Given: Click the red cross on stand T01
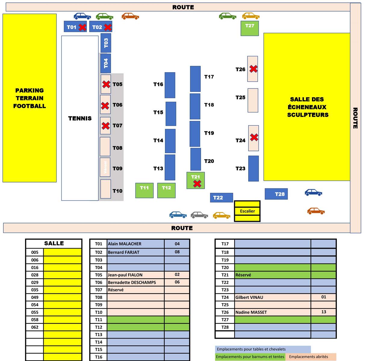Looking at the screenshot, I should pyautogui.click(x=82, y=27).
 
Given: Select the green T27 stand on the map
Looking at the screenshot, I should pyautogui.click(x=250, y=28).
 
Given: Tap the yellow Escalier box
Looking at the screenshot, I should pyautogui.click(x=247, y=211).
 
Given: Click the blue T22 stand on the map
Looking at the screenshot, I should pyautogui.click(x=221, y=198).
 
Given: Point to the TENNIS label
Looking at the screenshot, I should pyautogui.click(x=80, y=118).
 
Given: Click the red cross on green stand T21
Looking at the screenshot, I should pyautogui.click(x=197, y=183).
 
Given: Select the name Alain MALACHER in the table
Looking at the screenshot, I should pyautogui.click(x=125, y=244).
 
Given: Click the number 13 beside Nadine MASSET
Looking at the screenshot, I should pyautogui.click(x=324, y=312).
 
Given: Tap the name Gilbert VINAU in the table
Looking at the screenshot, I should pyautogui.click(x=249, y=297).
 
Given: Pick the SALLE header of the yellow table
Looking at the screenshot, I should pyautogui.click(x=54, y=243).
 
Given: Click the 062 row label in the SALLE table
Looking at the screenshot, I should pyautogui.click(x=35, y=327).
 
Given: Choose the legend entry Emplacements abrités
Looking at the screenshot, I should pyautogui.click(x=309, y=357).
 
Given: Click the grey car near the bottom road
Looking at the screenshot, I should pyautogui.click(x=199, y=215).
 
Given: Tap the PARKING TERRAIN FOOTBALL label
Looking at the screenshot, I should pyautogui.click(x=29, y=98).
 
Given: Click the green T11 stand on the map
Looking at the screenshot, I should pyautogui.click(x=144, y=190).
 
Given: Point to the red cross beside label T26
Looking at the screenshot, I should pyautogui.click(x=253, y=69).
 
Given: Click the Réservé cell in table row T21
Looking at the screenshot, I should pyautogui.click(x=243, y=275).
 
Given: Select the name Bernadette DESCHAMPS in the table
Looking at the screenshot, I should pyautogui.click(x=132, y=282).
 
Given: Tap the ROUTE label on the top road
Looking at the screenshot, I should pyautogui.click(x=183, y=7).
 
